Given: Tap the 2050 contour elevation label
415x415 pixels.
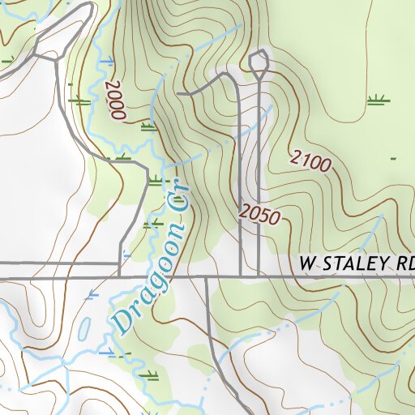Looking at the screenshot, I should point(259,216).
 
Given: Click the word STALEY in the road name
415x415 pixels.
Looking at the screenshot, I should point(356,264).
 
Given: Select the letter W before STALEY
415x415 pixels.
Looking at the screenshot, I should point(307,264).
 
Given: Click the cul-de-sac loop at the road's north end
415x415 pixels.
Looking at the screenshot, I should point(259,62).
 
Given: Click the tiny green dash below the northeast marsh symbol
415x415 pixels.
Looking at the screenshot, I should point(393,158).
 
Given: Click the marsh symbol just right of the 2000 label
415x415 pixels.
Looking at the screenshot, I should point(148,126).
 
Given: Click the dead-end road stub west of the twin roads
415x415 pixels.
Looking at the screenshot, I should point(182,95).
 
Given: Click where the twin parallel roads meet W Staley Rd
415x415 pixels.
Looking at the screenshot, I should point(250,276).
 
